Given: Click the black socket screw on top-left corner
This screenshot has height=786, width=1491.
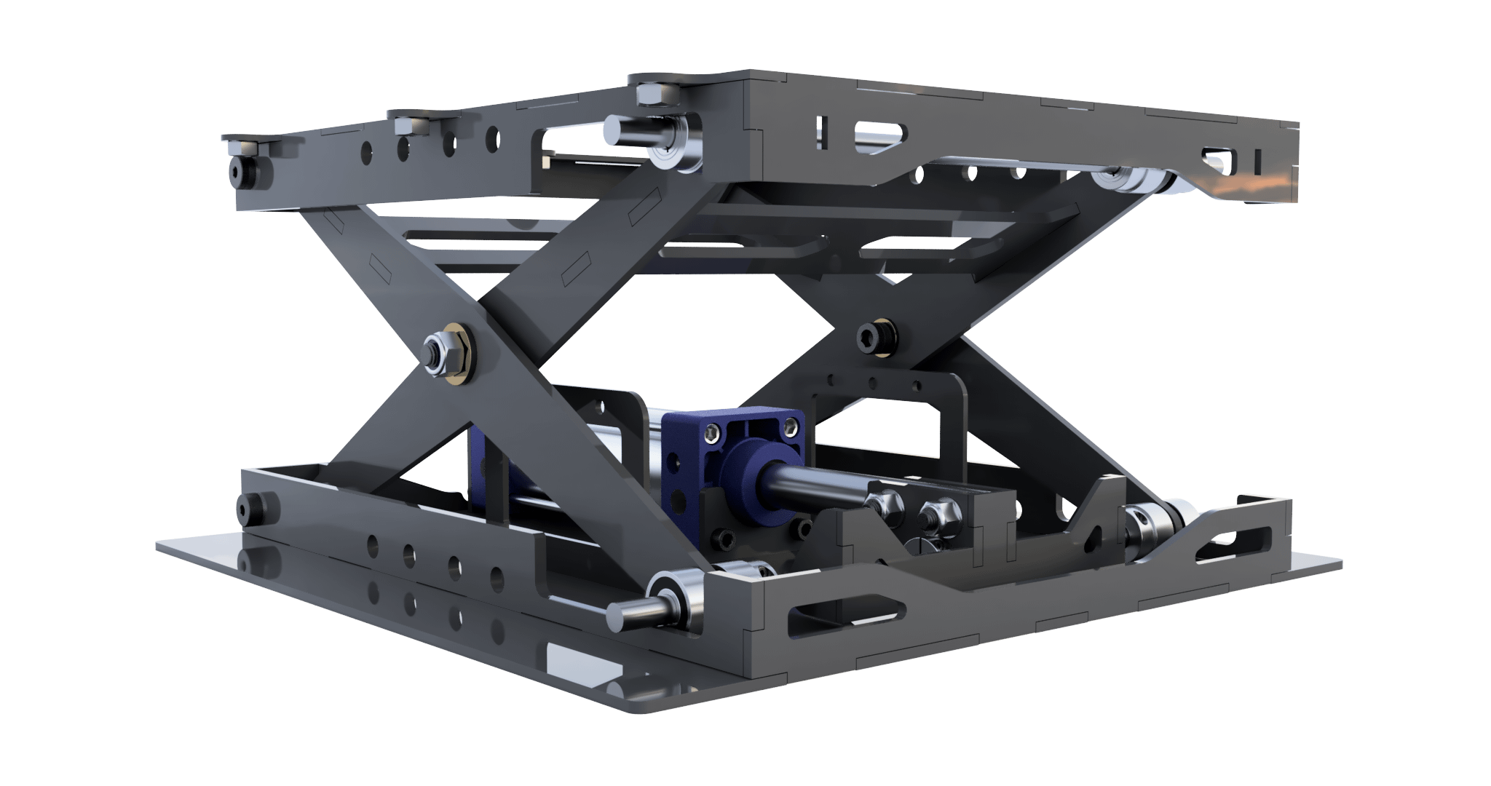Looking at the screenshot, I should pyautogui.click(x=240, y=170).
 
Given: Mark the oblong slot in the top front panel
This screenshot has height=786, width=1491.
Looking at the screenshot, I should pyautogui.click(x=880, y=132).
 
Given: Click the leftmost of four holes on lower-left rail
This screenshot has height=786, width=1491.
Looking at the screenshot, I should pyautogui.click(x=373, y=542).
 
